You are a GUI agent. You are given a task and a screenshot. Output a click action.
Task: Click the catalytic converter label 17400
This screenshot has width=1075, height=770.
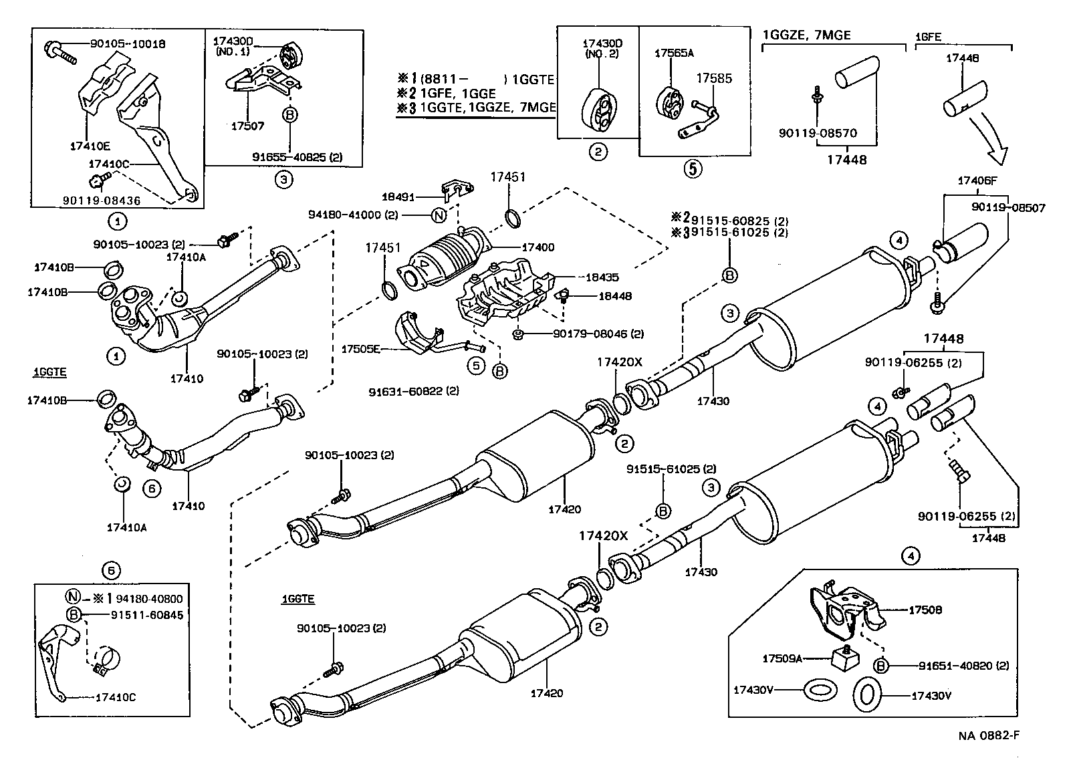537,248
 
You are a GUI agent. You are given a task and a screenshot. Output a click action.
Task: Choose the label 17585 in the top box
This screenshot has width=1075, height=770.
715,79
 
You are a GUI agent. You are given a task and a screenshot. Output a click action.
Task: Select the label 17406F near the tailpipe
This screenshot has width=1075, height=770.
977,181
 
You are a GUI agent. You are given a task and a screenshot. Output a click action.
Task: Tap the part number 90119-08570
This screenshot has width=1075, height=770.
818,134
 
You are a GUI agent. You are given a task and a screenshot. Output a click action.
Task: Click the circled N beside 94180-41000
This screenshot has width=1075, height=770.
439,215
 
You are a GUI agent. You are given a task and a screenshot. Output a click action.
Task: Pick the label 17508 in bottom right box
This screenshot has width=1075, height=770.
925,610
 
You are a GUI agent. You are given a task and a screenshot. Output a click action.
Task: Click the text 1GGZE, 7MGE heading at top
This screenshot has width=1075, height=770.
808,35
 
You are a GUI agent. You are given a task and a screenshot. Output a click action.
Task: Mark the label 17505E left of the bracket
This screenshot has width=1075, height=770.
361,348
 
